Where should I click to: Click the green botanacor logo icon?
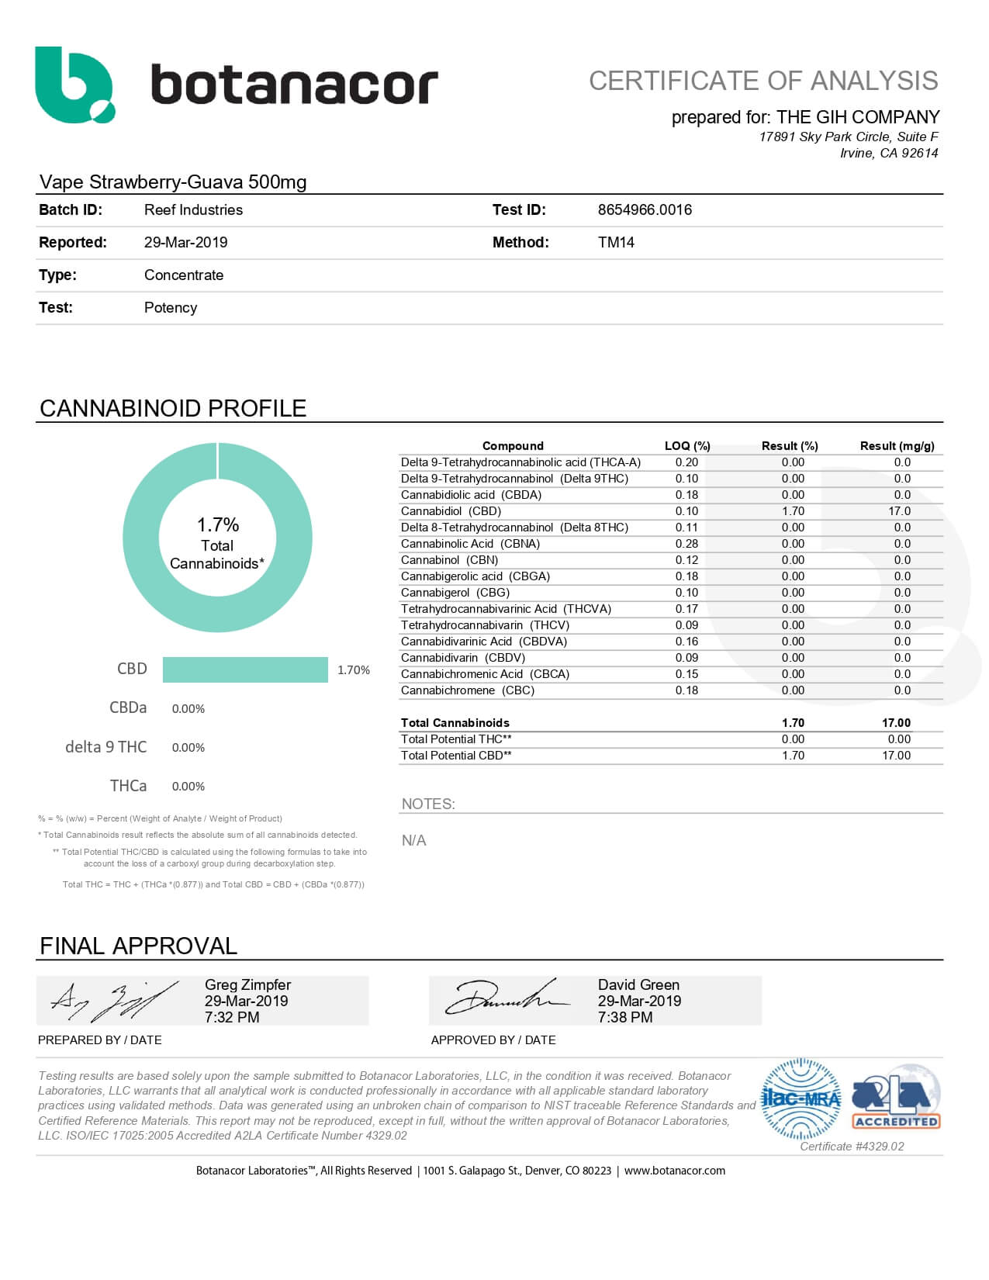74,85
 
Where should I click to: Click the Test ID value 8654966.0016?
645,209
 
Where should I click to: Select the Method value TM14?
616,242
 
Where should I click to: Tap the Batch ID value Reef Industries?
193,209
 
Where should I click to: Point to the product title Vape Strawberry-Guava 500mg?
173,182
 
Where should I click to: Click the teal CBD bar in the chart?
245,669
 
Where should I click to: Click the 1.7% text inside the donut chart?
218,524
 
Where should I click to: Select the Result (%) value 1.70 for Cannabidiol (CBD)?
793,511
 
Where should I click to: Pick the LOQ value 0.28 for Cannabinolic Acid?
686,544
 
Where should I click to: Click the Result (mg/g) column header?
897,446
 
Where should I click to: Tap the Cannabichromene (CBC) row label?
468,690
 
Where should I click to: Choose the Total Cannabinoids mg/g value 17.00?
896,723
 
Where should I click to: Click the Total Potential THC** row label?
456,739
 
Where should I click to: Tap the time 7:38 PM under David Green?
624,1017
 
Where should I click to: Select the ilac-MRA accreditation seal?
801,1099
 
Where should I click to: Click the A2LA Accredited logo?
897,1098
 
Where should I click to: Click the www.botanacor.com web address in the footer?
674,1171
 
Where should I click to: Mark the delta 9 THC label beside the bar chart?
105,747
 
